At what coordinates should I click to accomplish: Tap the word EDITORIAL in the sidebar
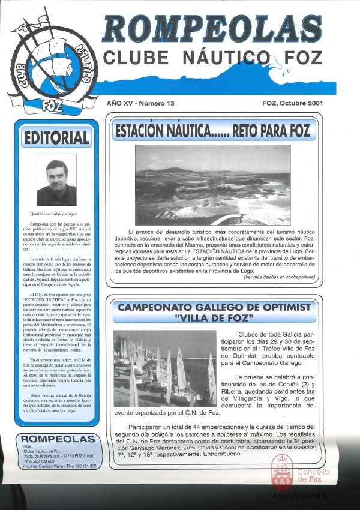pyautogui.click(x=56, y=138)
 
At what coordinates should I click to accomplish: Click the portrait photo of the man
pyautogui.click(x=56, y=179)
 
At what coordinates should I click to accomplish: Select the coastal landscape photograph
pyautogui.click(x=212, y=185)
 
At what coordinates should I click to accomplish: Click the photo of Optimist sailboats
pyautogui.click(x=164, y=368)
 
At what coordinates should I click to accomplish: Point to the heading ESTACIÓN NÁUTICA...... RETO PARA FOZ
pyautogui.click(x=212, y=130)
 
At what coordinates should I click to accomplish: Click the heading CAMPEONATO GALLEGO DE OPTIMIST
pyautogui.click(x=214, y=308)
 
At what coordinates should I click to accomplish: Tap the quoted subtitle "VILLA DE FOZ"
pyautogui.click(x=214, y=318)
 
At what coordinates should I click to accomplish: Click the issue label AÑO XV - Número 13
pyautogui.click(x=140, y=103)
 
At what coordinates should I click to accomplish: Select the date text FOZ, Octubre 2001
pyautogui.click(x=293, y=103)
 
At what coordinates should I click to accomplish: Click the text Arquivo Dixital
pyautogui.click(x=300, y=496)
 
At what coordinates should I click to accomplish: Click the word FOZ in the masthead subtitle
pyautogui.click(x=302, y=58)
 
